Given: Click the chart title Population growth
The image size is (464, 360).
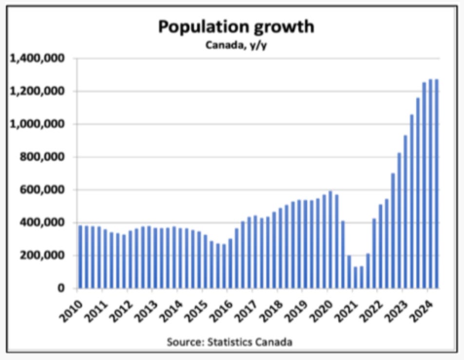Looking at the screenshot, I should [235, 27].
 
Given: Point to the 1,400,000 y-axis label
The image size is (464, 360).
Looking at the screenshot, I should [38, 59].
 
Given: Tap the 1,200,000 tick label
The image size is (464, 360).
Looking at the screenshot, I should [38, 91].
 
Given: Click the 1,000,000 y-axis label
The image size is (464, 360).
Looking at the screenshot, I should [38, 124].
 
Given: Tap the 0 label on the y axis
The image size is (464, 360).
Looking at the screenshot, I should [61, 288].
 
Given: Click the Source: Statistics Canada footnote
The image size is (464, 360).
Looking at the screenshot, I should [230, 341].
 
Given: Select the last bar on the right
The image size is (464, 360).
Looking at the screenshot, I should [437, 184].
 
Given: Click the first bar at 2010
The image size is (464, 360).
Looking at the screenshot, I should [80, 257].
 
